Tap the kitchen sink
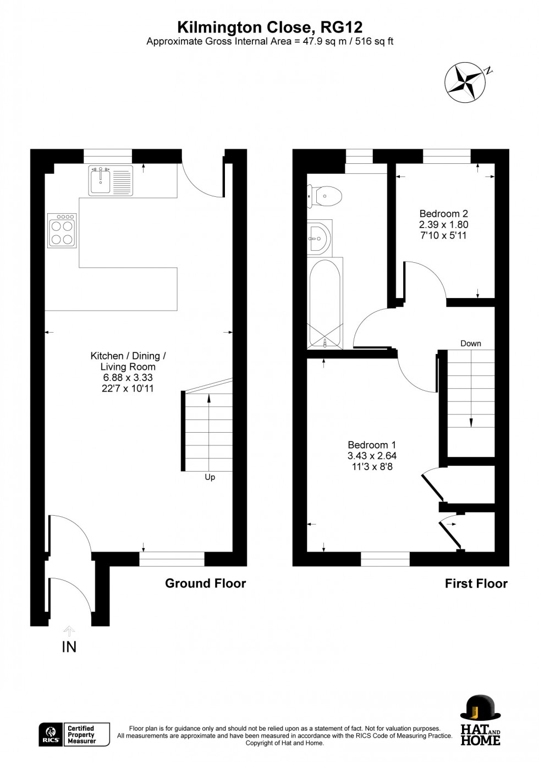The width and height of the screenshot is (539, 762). click(111, 180)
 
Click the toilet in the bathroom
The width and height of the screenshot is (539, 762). click(325, 196)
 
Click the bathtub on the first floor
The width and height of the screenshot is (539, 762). click(325, 303)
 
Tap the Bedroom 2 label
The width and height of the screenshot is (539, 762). click(443, 214)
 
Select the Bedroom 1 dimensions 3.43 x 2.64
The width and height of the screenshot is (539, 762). click(372, 456)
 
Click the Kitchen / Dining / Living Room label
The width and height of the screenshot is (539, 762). click(128, 361)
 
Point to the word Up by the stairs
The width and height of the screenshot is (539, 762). click(210, 477)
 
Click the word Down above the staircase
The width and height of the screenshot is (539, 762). click(471, 344)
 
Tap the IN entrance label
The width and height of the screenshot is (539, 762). click(69, 647)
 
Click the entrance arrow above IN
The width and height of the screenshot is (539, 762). click(69, 631)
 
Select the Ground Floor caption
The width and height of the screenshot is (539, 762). click(205, 583)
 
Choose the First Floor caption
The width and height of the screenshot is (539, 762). click(476, 583)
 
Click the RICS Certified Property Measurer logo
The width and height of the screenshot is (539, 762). click(74, 735)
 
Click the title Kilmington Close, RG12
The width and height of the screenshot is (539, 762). click(269, 27)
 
